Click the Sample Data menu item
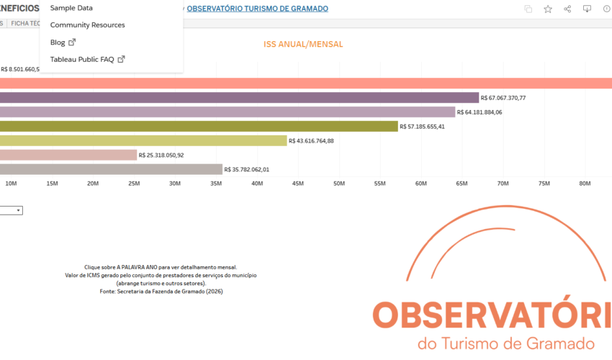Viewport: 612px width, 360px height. pos(71,8)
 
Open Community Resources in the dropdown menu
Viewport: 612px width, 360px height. pos(87,25)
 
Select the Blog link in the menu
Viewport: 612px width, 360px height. pos(58,42)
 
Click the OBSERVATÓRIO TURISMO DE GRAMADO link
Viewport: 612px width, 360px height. pos(257,9)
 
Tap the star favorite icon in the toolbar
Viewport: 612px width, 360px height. pos(548,9)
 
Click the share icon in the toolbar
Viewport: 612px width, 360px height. pos(567,9)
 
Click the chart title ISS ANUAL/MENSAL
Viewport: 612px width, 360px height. pos(303,45)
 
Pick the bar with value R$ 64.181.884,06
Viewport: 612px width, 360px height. pos(228,112)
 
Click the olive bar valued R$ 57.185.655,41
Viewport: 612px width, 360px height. pos(199,127)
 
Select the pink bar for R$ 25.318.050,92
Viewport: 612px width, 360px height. pos(68,155)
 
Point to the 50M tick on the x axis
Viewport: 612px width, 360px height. pos(339,184)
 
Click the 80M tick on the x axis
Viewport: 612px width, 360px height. pos(585,184)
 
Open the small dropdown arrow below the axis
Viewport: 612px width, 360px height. pos(19,210)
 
